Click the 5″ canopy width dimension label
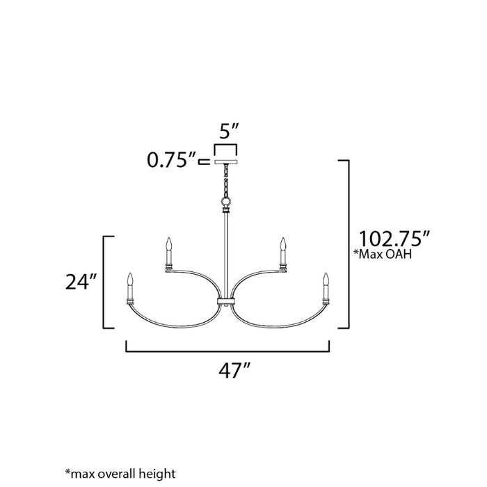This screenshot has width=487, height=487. [x=229, y=131]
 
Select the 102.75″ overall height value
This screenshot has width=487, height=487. [x=394, y=239]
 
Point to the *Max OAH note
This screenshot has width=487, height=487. [x=383, y=254]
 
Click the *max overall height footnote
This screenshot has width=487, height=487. [x=120, y=474]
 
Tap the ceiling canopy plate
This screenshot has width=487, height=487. [x=226, y=162]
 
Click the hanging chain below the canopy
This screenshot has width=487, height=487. [x=226, y=181]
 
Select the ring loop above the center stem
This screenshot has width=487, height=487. [x=226, y=201]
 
